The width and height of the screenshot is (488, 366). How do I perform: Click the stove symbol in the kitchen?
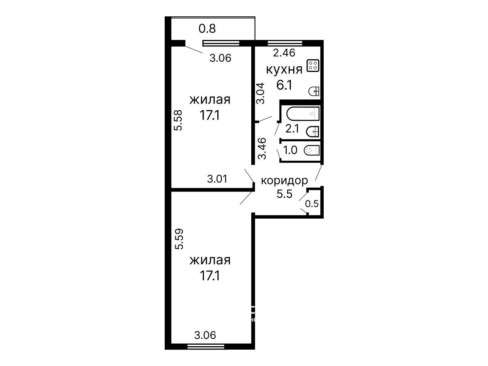point(313,66)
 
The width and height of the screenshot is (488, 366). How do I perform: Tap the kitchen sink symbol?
point(314,91)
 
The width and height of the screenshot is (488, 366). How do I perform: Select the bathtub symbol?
point(303,114)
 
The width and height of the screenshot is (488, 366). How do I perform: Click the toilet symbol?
point(311,150)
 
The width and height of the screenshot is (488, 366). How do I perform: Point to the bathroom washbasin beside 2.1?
point(313,131)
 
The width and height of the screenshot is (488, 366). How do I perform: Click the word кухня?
point(284,70)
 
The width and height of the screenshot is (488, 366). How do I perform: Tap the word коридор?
point(284,181)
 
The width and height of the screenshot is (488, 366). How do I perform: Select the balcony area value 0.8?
point(207,29)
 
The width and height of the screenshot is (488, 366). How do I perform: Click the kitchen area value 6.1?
point(284,85)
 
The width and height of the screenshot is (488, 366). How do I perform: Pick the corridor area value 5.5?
point(284,194)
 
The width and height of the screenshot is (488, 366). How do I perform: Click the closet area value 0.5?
point(312,204)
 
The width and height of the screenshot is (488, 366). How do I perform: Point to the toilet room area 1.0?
point(290,150)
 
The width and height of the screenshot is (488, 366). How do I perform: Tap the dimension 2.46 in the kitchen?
point(284,53)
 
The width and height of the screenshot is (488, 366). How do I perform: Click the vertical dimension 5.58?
point(178,120)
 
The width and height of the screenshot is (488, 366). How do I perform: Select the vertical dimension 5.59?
point(179,239)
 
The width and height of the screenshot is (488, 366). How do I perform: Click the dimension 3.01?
point(217,179)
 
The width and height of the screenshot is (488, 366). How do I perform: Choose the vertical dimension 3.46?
point(262,149)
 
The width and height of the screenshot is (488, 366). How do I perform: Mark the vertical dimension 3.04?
point(260,93)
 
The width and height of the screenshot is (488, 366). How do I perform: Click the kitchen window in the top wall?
point(285,43)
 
